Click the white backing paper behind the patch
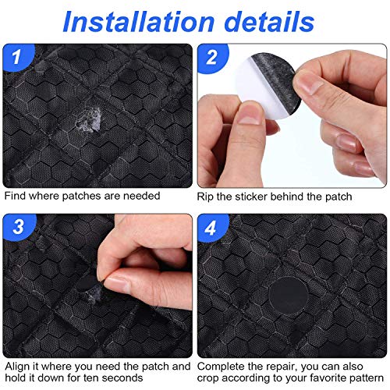pos(242,97)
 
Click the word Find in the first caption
pos(16,195)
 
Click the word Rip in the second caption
pos(207,195)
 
